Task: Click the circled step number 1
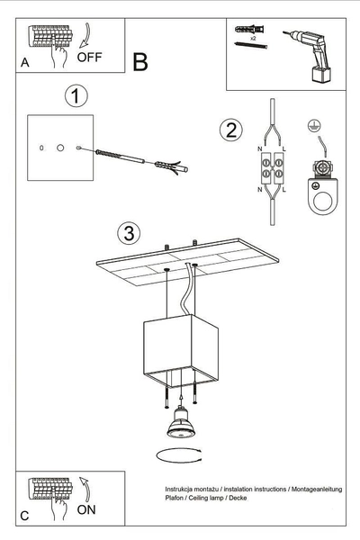pyautogui.click(x=76, y=95)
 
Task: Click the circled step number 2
pyautogui.click(x=230, y=130)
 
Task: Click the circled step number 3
pyautogui.click(x=130, y=234)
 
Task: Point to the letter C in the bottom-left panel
pyautogui.click(x=24, y=516)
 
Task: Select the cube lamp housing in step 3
pyautogui.click(x=180, y=346)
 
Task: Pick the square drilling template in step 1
pyautogui.click(x=59, y=146)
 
